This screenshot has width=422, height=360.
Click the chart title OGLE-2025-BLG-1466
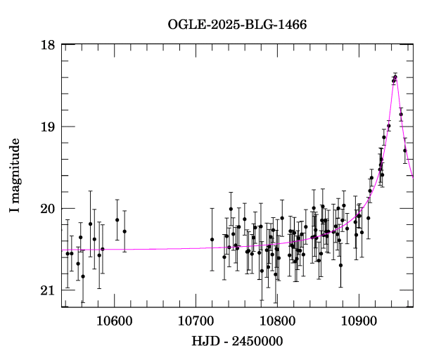click(237, 25)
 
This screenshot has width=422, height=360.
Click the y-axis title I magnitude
click(15, 176)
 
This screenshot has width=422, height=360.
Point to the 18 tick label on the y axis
click(48, 45)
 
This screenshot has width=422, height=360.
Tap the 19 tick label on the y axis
click(48, 127)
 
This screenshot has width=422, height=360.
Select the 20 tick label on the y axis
click(48, 208)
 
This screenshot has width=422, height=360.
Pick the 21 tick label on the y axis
click(48, 290)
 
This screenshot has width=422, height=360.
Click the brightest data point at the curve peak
click(395, 78)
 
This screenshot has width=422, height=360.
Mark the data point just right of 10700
click(212, 240)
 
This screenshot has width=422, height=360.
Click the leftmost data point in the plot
click(68, 253)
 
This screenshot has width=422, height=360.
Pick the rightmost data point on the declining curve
click(405, 150)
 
